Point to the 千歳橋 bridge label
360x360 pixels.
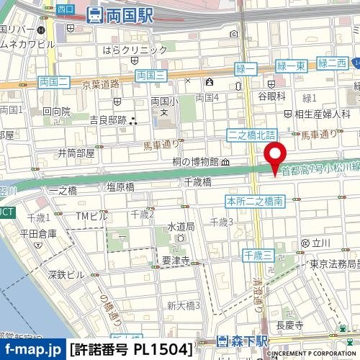coord(197,183)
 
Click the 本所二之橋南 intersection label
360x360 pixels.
coord(253,199)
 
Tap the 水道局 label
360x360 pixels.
coord(181,227)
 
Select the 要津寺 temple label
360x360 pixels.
coord(175,261)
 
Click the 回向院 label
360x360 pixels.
coord(56,112)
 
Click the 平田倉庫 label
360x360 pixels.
coord(38,233)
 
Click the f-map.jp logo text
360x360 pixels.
coord(32,350)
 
